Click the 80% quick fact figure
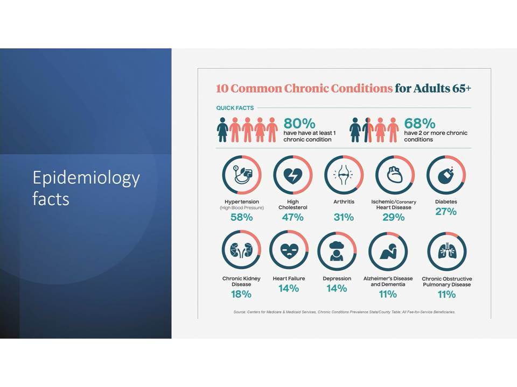pyautogui.click(x=299, y=124)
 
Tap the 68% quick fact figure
pyautogui.click(x=420, y=124)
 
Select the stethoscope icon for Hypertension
pyautogui.click(x=242, y=175)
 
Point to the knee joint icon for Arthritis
pyautogui.click(x=344, y=174)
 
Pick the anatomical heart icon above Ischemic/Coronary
pyautogui.click(x=395, y=174)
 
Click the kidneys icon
pyautogui.click(x=241, y=250)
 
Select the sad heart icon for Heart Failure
pyautogui.click(x=289, y=252)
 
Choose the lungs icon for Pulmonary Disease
pyautogui.click(x=447, y=252)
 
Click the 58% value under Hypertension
pyautogui.click(x=242, y=217)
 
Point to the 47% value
pyautogui.click(x=293, y=217)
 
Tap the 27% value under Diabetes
pyautogui.click(x=446, y=212)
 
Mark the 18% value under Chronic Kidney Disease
pyautogui.click(x=241, y=294)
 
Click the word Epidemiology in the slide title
pyautogui.click(x=86, y=178)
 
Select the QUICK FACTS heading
pyautogui.click(x=235, y=108)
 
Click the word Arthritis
pyautogui.click(x=344, y=202)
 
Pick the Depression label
pyautogui.click(x=337, y=279)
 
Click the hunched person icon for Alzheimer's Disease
pyautogui.click(x=389, y=252)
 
